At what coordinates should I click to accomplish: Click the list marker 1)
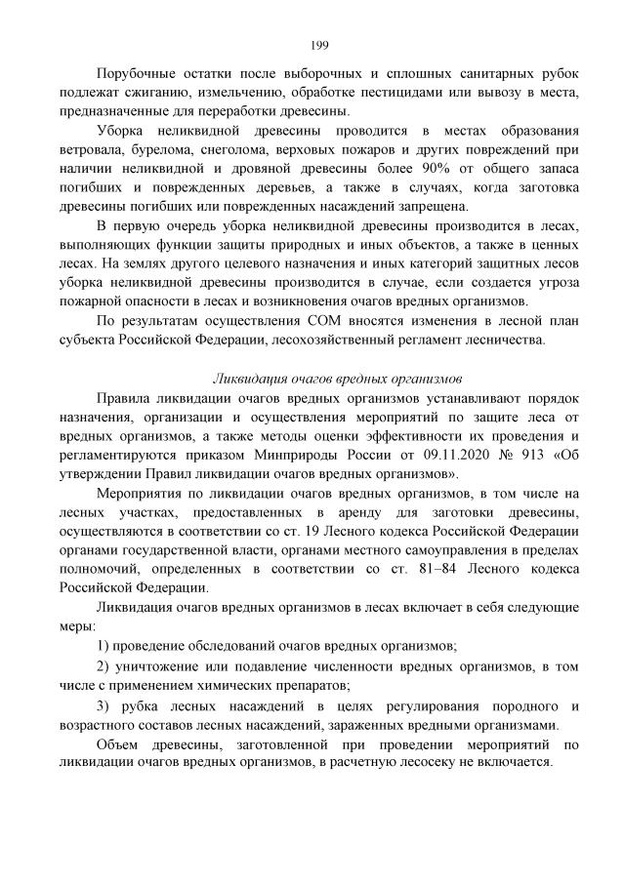105,646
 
